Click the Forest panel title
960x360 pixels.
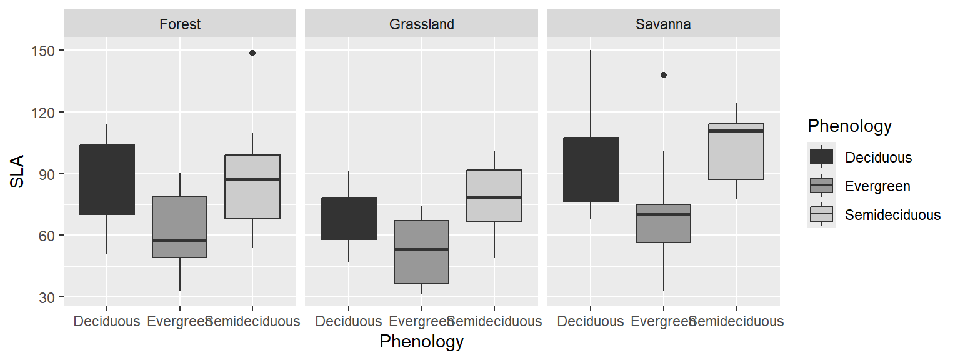180,24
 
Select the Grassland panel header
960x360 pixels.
421,24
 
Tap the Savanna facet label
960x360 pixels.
663,24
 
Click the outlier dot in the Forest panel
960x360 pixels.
252,53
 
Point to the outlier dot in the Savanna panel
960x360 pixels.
664,75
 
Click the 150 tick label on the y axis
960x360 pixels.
42,51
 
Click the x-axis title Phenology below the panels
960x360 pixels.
421,342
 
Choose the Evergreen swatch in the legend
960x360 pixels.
821,186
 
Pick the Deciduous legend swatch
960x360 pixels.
821,157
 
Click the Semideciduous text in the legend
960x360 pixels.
892,215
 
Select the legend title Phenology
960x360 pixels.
849,126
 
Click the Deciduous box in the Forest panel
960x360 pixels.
107,180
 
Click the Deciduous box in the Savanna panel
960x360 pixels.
591,169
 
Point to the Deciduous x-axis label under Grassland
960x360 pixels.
349,322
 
